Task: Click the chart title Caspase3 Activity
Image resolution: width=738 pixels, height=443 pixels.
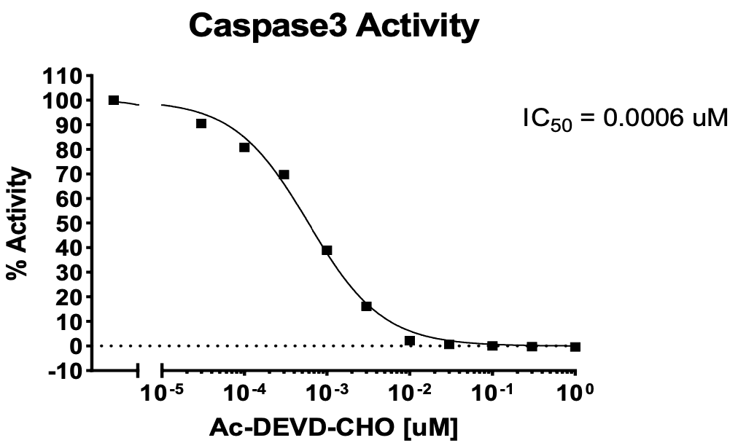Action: pyautogui.click(x=333, y=27)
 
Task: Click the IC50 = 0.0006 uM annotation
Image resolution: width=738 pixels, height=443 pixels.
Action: pyautogui.click(x=625, y=118)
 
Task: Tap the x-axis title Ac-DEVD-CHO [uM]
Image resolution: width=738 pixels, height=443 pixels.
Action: pyautogui.click(x=335, y=427)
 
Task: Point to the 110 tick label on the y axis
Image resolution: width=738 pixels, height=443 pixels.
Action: pyautogui.click(x=64, y=76)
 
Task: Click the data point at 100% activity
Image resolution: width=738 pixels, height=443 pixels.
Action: pyautogui.click(x=114, y=100)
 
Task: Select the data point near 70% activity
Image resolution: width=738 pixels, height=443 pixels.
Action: pyautogui.click(x=284, y=174)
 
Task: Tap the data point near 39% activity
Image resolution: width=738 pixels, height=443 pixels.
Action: pyautogui.click(x=327, y=250)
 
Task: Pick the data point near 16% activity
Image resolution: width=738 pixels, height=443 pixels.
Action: pyautogui.click(x=366, y=306)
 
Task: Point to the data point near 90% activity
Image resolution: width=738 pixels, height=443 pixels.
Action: pyautogui.click(x=201, y=123)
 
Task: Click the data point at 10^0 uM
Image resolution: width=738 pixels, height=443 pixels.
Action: pyautogui.click(x=575, y=347)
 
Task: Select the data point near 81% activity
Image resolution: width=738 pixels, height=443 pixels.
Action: pyautogui.click(x=244, y=147)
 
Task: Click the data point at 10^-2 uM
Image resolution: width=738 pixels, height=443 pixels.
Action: pyautogui.click(x=410, y=340)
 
